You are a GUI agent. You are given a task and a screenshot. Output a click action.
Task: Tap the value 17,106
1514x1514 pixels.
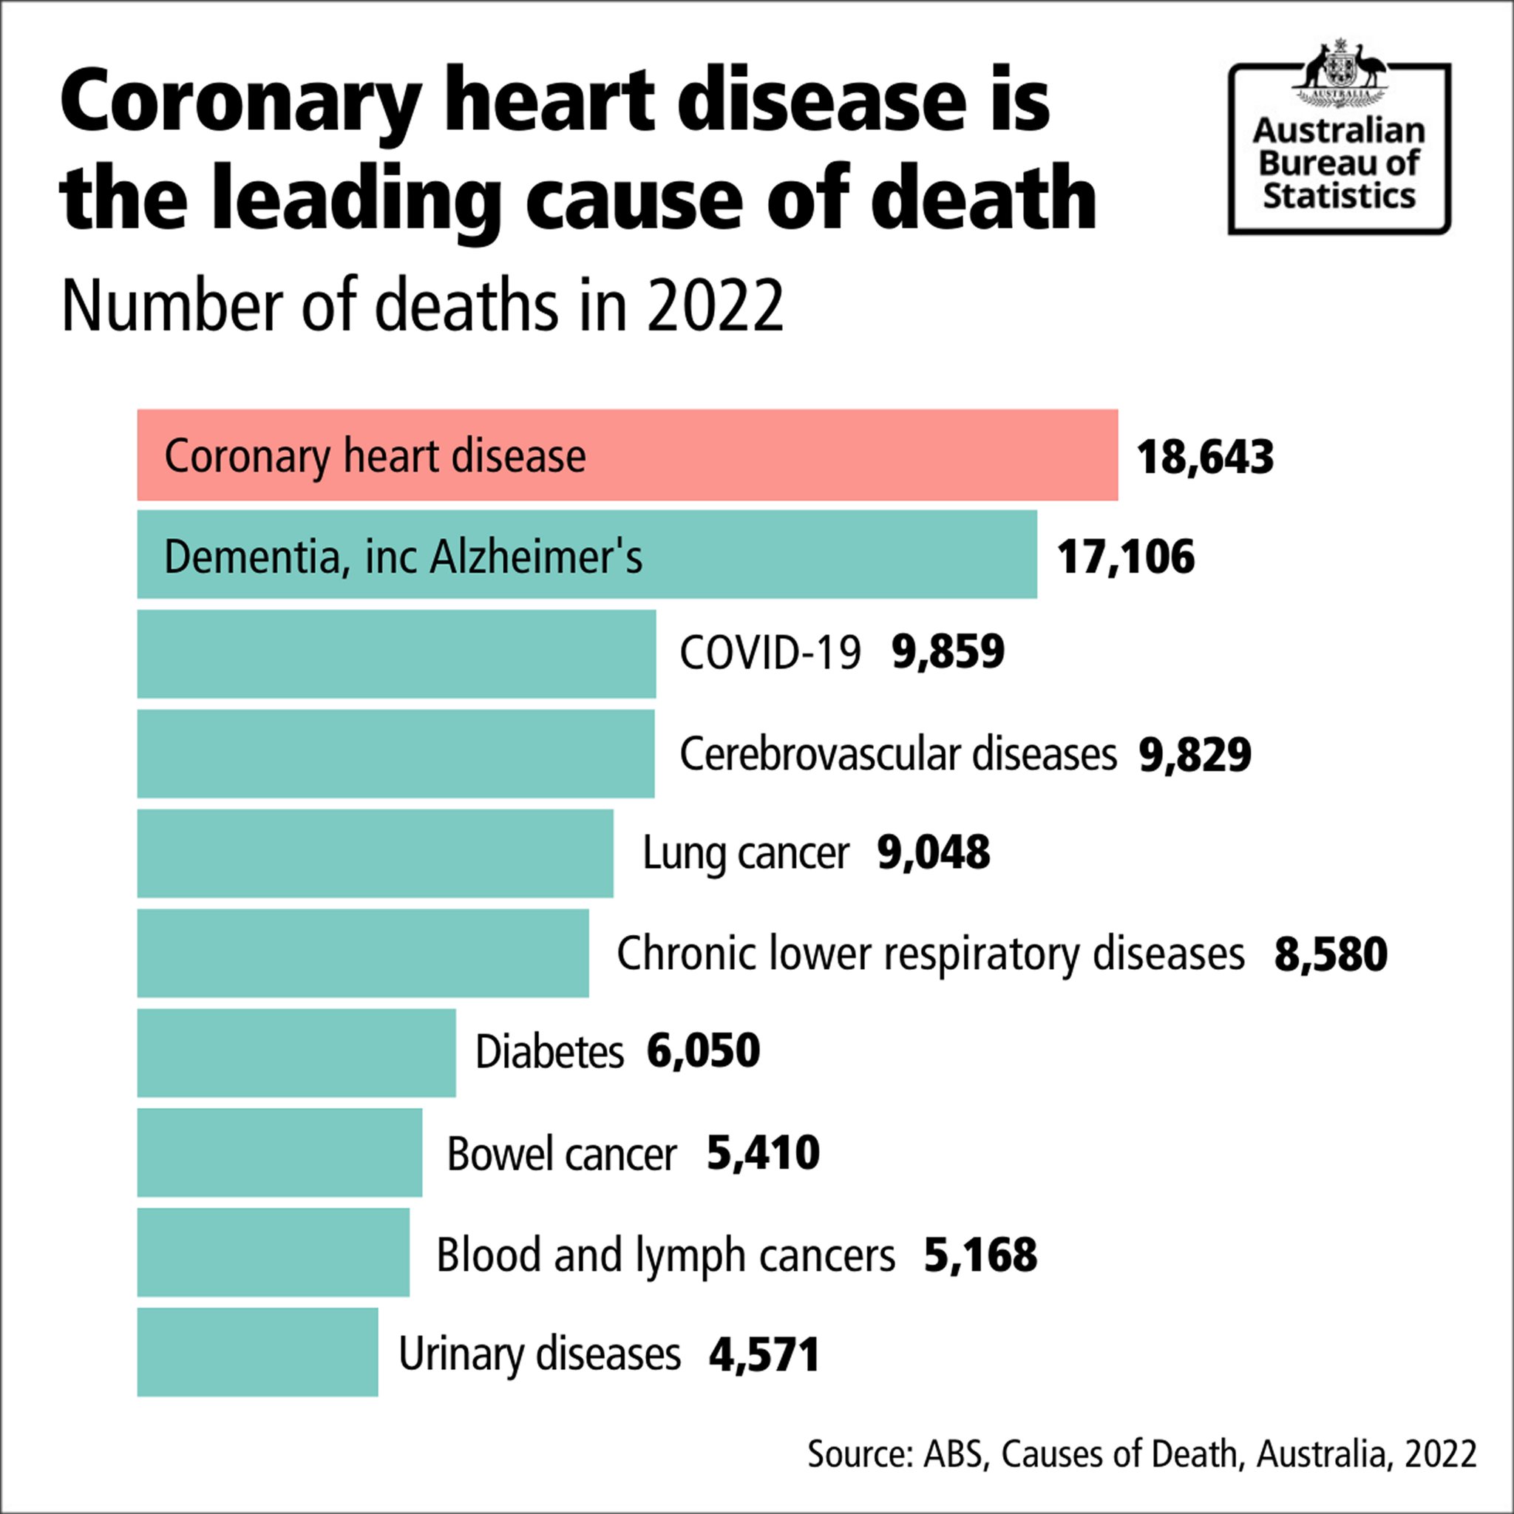pos(1125,557)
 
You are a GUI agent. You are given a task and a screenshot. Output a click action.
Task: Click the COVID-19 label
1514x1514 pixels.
pos(770,653)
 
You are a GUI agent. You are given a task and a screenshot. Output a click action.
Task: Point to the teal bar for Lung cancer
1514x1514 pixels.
pos(375,853)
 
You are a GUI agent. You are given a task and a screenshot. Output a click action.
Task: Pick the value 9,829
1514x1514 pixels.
pos(1195,755)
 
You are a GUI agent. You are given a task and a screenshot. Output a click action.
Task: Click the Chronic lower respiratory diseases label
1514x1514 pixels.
pos(930,954)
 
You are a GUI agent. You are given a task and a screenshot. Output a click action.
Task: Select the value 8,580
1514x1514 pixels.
pos(1331,954)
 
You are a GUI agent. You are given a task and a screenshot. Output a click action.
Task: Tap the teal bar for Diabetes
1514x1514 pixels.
pos(296,1053)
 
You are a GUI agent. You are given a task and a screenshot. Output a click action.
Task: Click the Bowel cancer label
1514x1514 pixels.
pos(561,1153)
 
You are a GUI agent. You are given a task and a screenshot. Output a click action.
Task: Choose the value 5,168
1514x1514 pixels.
pos(980,1255)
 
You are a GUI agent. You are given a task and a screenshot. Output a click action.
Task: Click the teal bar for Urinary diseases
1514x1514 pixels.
pos(257,1352)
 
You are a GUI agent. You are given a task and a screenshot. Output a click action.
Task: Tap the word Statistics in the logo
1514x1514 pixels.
pos(1339,196)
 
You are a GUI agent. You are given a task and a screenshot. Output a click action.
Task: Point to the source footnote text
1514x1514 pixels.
pos(1141,1453)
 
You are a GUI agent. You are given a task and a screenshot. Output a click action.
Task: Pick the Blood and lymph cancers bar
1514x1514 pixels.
pos(273,1252)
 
